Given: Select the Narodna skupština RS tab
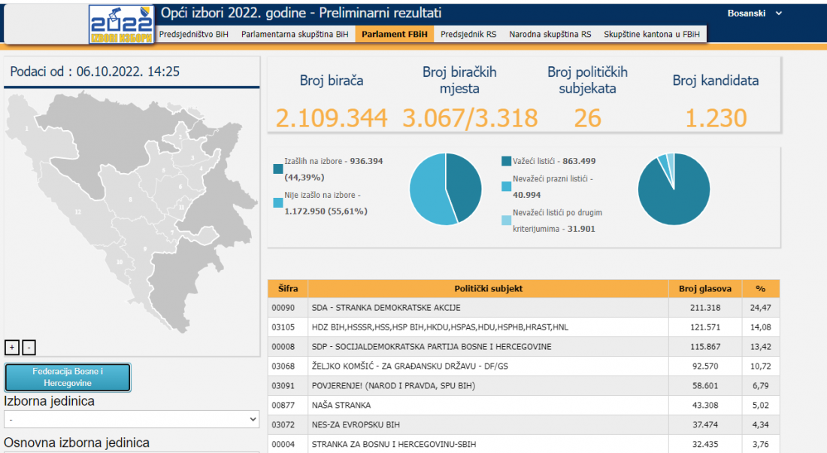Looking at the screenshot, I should pyautogui.click(x=550, y=35).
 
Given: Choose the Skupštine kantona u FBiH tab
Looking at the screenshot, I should pyautogui.click(x=651, y=35).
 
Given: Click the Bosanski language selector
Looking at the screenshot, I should pyautogui.click(x=754, y=14).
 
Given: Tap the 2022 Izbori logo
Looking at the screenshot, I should pyautogui.click(x=122, y=25).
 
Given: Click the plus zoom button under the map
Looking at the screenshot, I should pyautogui.click(x=12, y=347).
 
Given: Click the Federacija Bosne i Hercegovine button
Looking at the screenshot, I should pyautogui.click(x=68, y=377).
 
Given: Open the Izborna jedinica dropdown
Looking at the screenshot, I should pyautogui.click(x=132, y=419).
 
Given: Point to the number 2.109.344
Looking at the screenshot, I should pyautogui.click(x=331, y=118).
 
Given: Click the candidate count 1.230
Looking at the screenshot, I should pyautogui.click(x=715, y=118).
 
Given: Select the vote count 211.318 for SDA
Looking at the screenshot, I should pyautogui.click(x=704, y=308).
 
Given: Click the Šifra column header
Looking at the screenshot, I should pyautogui.click(x=287, y=288).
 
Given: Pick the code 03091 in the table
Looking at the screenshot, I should pyautogui.click(x=284, y=386).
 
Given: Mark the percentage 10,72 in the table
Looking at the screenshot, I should pyautogui.click(x=760, y=366).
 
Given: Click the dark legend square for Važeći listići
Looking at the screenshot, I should pyautogui.click(x=506, y=161).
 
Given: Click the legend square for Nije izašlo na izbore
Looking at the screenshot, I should pyautogui.click(x=278, y=202).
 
